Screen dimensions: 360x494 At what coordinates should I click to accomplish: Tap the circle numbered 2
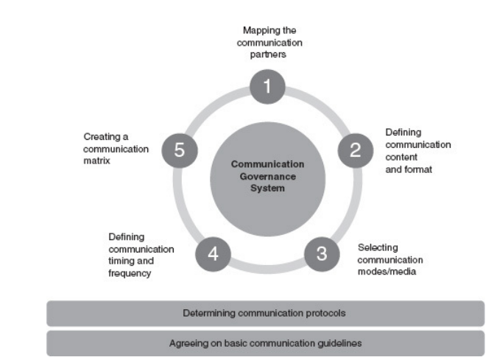coord(355,151)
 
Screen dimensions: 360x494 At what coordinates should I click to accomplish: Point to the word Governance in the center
coord(268,175)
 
